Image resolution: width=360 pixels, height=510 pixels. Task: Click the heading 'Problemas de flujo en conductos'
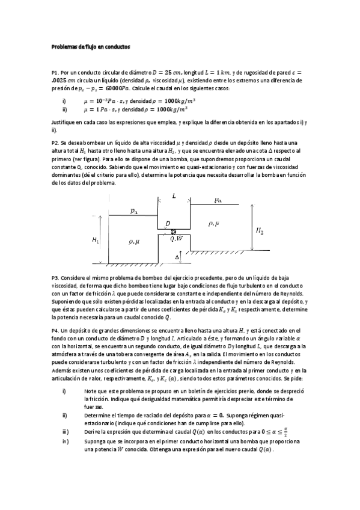tap(90, 46)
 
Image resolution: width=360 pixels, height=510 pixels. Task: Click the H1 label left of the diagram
tap(96, 240)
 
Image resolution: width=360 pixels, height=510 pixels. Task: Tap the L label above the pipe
tap(174, 197)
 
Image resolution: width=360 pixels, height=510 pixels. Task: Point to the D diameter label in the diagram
tap(168, 224)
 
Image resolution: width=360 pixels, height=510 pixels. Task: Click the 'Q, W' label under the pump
tap(176, 239)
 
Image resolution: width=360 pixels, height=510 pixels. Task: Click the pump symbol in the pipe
tap(174, 231)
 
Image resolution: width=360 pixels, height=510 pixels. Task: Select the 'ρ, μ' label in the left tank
tap(133, 241)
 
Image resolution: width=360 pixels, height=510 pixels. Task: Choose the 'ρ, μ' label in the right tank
tap(213, 223)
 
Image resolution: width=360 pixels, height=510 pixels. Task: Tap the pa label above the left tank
tap(133, 210)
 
